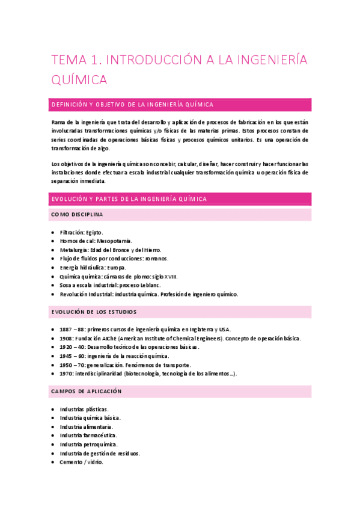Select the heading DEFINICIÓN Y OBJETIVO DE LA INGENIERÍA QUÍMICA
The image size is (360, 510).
coord(133,105)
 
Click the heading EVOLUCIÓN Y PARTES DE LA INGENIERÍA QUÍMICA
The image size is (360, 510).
coord(129,199)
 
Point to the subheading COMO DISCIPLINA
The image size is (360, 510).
coord(77,215)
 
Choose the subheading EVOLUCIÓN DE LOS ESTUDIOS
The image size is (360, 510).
coord(94,312)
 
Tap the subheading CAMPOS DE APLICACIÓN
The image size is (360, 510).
coord(87,391)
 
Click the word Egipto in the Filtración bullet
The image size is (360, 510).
coord(94,232)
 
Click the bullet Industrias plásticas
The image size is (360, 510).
coord(84,409)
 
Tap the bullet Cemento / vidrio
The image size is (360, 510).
coord(81,462)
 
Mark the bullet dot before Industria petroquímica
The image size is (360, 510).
coord(53,444)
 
